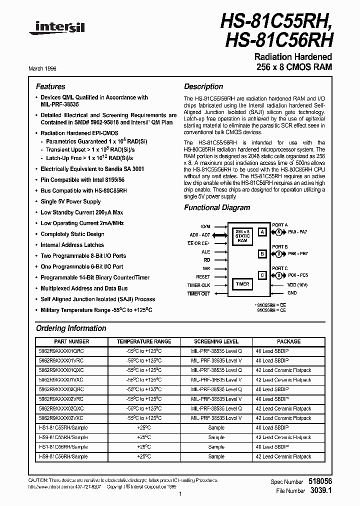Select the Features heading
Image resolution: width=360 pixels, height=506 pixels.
coord(50,86)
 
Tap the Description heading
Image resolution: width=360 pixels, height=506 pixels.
coord(203,86)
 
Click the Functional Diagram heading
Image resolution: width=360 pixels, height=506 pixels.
coord(217,207)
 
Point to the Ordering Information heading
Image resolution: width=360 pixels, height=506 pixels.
coord(71,328)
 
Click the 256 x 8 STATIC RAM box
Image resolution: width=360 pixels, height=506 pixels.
coord(242,235)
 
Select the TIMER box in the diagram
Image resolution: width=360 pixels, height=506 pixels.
coord(242,284)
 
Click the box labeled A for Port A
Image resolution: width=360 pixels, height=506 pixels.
coord(262,232)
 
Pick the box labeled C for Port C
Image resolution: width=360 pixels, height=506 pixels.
coord(262,275)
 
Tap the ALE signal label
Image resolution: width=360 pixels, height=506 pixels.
coord(206,252)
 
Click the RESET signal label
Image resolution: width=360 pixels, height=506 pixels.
coord(203,276)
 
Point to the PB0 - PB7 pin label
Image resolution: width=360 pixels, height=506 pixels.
coord(298,254)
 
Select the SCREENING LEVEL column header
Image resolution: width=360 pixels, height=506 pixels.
coord(216,341)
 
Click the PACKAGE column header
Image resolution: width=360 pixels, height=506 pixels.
coord(289,341)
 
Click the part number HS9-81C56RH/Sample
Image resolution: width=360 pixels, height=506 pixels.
coord(63,456)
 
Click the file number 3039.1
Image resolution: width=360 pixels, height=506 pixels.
coord(321,490)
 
